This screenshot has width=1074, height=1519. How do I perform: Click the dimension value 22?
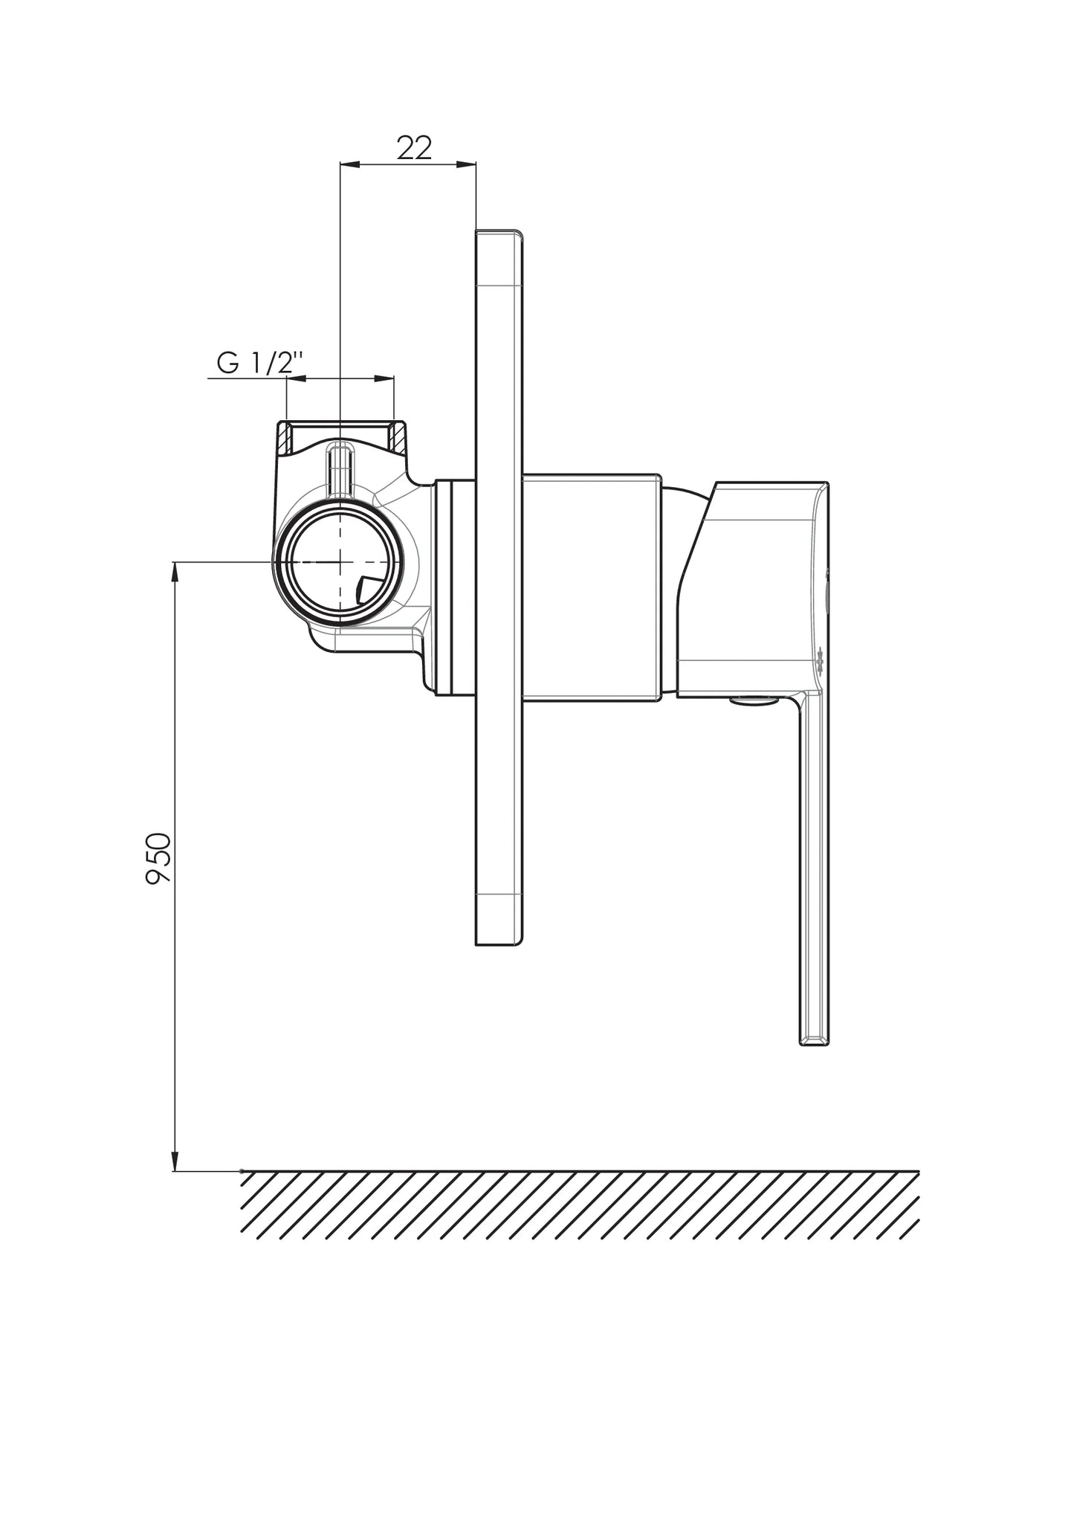tap(414, 148)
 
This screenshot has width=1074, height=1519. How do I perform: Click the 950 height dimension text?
tap(158, 857)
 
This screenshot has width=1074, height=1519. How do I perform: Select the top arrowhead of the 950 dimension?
tap(175, 571)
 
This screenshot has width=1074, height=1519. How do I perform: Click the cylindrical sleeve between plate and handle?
tap(592, 587)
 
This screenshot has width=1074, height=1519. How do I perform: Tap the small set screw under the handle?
tap(752, 700)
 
